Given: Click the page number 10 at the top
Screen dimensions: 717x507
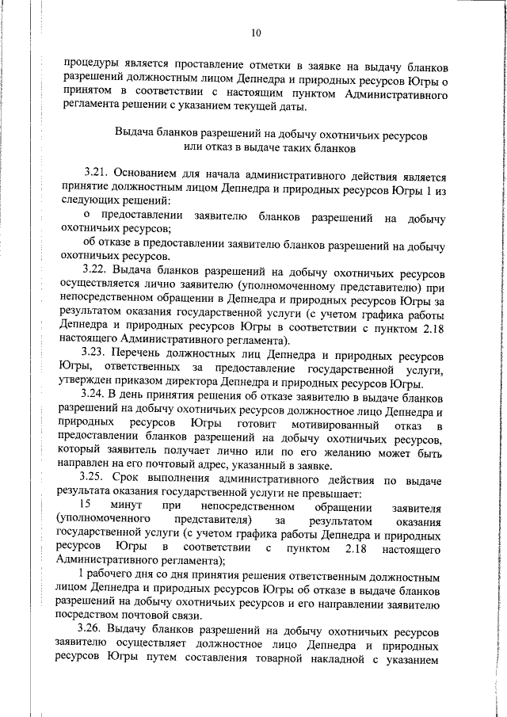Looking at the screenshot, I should point(256,33).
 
